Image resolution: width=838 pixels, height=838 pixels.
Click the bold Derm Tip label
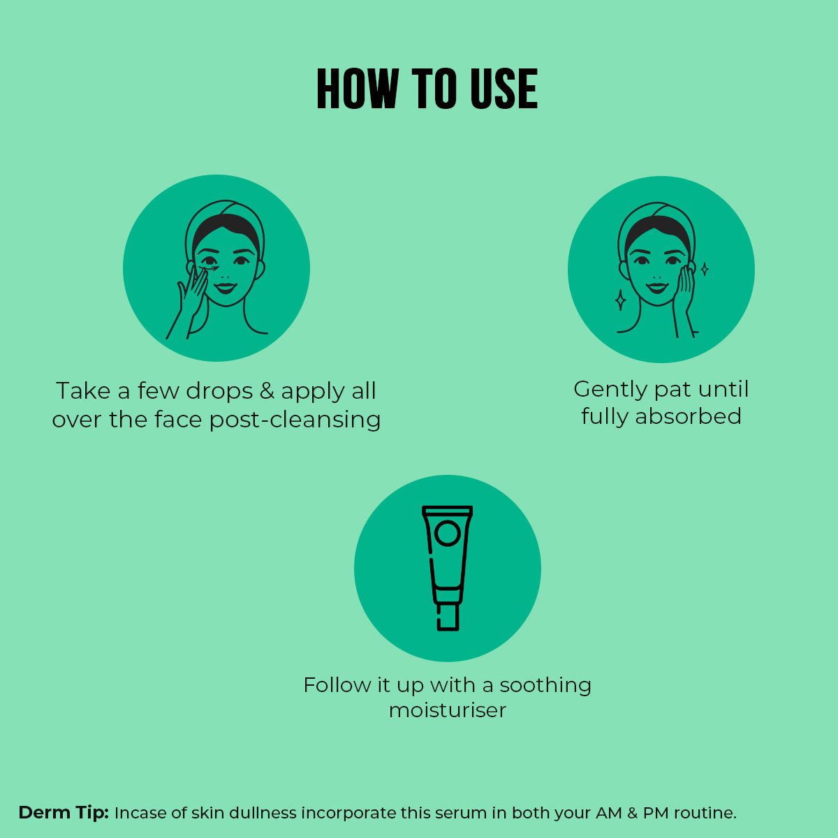(64, 812)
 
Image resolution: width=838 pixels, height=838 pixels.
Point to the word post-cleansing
(295, 420)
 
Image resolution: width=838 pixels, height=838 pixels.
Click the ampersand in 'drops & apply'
(267, 390)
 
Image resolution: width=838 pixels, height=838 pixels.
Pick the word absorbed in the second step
(688, 416)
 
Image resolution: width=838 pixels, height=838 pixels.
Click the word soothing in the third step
(545, 686)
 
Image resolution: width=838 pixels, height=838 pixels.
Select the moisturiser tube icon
(448, 568)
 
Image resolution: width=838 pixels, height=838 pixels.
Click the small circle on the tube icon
(448, 533)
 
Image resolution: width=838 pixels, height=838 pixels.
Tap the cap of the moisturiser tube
(448, 617)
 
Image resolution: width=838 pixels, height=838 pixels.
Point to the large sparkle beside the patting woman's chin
(621, 300)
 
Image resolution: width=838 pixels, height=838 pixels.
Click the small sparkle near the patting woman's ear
(705, 269)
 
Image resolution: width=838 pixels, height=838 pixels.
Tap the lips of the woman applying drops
(226, 288)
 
